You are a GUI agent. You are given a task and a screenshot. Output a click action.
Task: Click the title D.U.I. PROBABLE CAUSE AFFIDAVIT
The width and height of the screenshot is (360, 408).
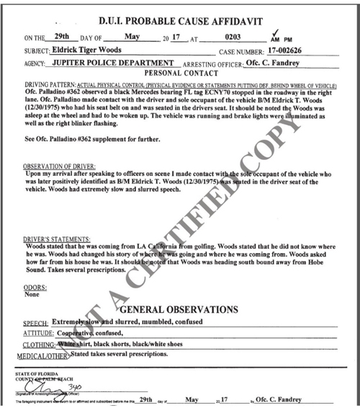pyautogui.click(x=180, y=12)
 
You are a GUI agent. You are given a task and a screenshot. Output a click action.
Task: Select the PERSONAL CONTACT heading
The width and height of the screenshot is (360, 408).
pyautogui.click(x=179, y=74)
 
